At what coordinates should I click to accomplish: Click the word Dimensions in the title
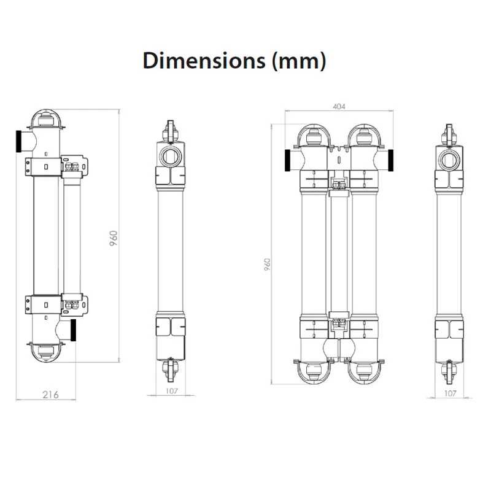[204, 60]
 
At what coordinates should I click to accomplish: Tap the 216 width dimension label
[50, 395]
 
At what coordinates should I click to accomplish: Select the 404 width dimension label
[339, 106]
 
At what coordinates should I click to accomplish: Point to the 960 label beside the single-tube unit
[114, 238]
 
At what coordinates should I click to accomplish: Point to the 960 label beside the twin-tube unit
[267, 265]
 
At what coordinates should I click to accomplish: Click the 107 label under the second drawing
[171, 391]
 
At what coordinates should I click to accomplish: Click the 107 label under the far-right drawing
[450, 393]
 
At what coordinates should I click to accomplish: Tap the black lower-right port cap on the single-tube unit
[73, 330]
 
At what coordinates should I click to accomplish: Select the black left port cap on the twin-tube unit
[287, 160]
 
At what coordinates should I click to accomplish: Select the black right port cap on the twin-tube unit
[391, 160]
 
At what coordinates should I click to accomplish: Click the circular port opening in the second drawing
[171, 157]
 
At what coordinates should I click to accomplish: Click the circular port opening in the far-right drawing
[449, 160]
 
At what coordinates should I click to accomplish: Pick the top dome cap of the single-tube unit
[46, 119]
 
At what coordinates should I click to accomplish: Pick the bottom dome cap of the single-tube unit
[46, 352]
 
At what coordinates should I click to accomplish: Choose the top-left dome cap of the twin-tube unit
[314, 136]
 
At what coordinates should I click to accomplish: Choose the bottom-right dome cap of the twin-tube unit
[364, 373]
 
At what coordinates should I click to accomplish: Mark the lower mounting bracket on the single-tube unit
[56, 304]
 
